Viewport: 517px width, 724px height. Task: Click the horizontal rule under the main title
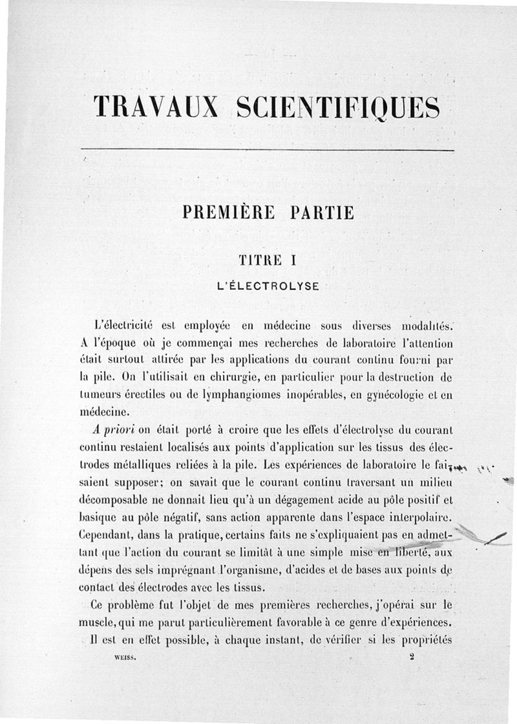tap(268, 150)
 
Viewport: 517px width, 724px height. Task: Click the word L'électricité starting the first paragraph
tap(123, 325)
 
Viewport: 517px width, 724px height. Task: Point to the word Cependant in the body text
tap(108, 535)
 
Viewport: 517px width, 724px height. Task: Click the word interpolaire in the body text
tap(413, 517)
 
